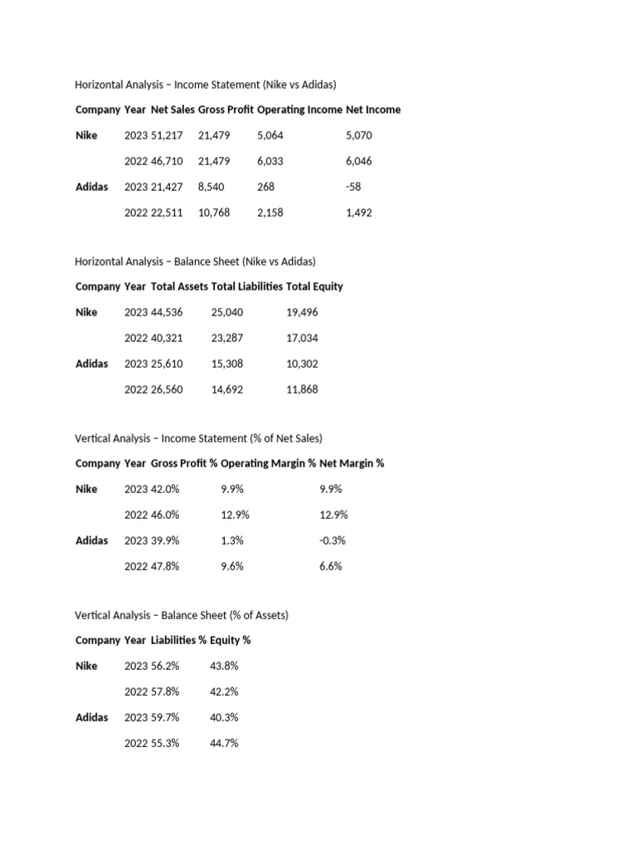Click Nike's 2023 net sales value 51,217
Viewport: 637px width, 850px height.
[167, 135]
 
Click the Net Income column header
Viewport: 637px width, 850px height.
[373, 110]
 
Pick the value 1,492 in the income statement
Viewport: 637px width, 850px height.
[359, 212]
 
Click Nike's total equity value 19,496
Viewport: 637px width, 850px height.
[302, 312]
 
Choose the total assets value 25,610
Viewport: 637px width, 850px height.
[167, 364]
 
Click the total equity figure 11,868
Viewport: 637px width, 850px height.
[302, 389]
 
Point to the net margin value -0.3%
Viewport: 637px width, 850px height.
[333, 540]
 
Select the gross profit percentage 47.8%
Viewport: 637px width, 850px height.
[165, 566]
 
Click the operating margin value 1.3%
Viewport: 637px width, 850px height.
[232, 540]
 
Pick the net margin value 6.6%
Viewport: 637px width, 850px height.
[331, 566]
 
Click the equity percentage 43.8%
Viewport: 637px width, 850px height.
[225, 666]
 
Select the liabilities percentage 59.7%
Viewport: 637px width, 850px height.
[165, 717]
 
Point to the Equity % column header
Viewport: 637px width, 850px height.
[231, 640]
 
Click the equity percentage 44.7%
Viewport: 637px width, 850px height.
[225, 743]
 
